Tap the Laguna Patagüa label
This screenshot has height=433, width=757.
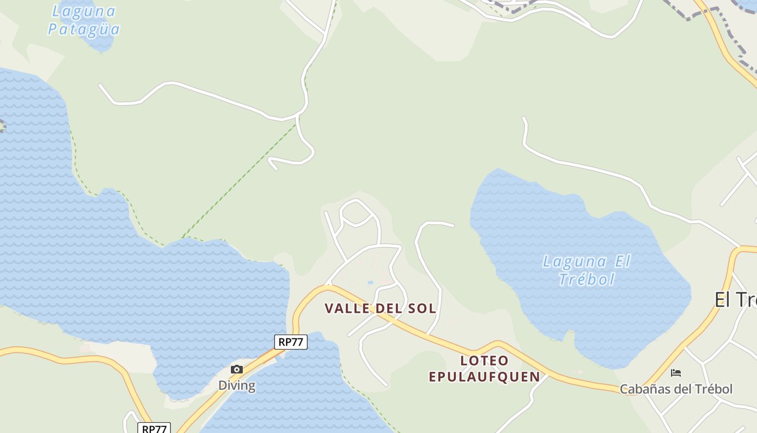[83, 20]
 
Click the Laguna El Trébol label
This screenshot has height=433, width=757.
[587, 270]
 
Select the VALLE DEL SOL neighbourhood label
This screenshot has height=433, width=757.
[380, 309]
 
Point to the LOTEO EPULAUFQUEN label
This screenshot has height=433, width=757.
[484, 369]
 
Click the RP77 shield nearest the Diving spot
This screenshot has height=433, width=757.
[291, 342]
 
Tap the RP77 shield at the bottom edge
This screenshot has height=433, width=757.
[154, 428]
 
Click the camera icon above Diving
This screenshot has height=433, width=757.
[237, 370]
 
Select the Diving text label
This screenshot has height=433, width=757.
[237, 385]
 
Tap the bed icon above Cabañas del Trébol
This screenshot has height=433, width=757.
[676, 373]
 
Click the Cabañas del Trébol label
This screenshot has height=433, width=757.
[676, 389]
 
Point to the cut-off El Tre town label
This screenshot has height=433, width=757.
[735, 299]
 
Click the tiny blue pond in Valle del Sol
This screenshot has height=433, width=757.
[370, 282]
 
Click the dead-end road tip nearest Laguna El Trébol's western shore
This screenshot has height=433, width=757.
[453, 226]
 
